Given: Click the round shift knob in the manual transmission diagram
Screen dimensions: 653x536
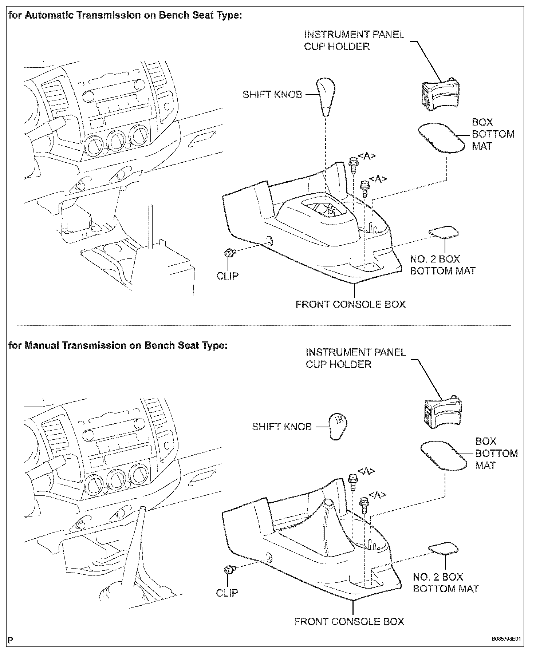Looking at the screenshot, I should (338, 426).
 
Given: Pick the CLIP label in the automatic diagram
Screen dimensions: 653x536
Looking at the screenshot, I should (228, 276).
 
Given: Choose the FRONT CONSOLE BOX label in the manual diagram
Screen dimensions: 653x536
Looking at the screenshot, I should (349, 621).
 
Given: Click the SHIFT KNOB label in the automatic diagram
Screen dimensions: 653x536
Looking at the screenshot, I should (272, 95).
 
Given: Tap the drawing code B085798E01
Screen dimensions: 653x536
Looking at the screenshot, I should (506, 639).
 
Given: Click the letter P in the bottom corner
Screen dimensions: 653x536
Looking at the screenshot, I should (10, 640).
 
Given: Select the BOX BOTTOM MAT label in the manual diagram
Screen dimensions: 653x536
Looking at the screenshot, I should (496, 453).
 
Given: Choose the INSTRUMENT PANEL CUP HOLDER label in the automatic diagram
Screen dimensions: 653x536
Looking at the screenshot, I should (354, 40).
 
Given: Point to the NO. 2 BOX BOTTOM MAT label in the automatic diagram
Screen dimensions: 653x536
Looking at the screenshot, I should (442, 265).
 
